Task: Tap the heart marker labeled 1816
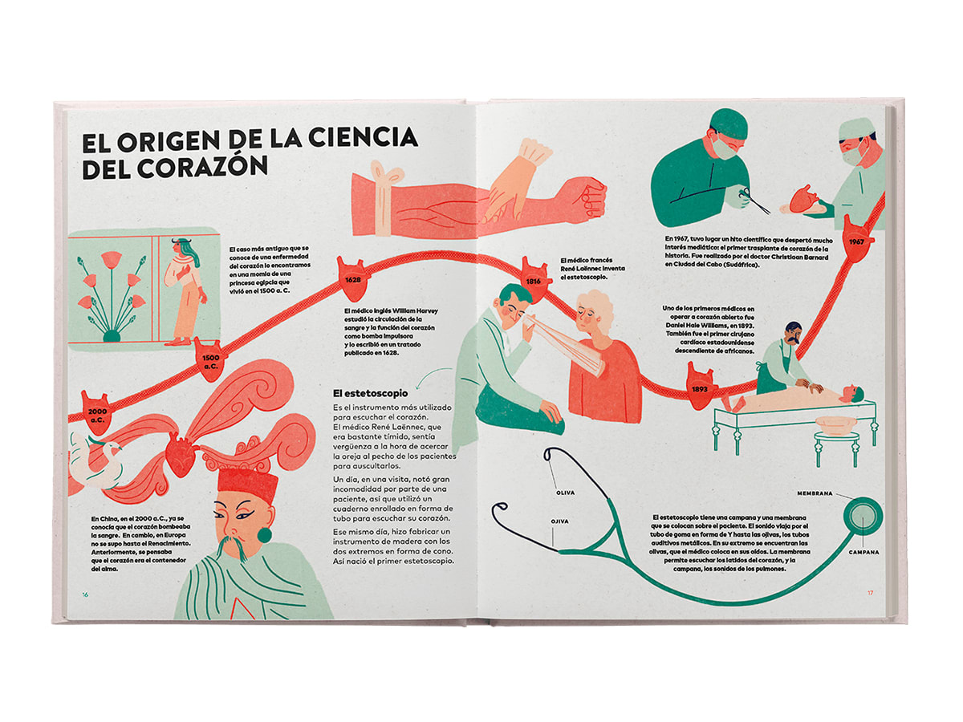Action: pyautogui.click(x=533, y=280)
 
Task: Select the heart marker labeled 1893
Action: pyautogui.click(x=699, y=386)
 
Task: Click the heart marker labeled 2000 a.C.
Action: pyautogui.click(x=96, y=413)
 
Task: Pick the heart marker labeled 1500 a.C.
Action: pyautogui.click(x=209, y=359)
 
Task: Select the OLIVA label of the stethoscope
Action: pyautogui.click(x=565, y=493)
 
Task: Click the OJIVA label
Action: pyautogui.click(x=559, y=521)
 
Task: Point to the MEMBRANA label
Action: pyautogui.click(x=815, y=493)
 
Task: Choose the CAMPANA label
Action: pyautogui.click(x=863, y=553)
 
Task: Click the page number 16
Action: pyautogui.click(x=85, y=594)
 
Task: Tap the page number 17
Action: pyautogui.click(x=870, y=593)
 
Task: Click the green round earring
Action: pyautogui.click(x=265, y=535)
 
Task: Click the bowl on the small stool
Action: pyautogui.click(x=835, y=424)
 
